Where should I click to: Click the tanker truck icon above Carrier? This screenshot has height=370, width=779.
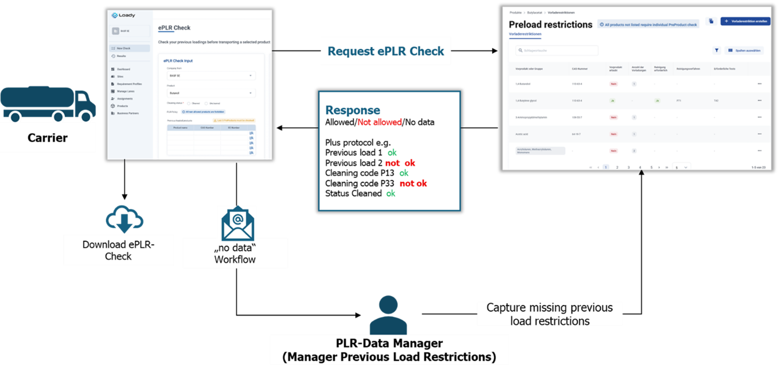click(x=48, y=103)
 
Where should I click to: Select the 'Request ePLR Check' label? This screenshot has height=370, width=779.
click(x=386, y=51)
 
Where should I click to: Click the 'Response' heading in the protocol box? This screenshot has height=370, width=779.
click(x=353, y=110)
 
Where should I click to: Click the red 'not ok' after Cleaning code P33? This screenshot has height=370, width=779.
click(x=413, y=183)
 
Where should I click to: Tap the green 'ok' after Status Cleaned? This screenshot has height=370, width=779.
click(x=391, y=194)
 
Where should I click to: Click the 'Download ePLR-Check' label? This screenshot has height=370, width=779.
click(x=119, y=250)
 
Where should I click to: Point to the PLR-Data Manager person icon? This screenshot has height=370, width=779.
click(x=388, y=315)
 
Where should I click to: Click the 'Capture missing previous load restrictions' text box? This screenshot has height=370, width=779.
click(x=550, y=314)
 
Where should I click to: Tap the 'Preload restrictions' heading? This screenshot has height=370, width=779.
click(x=550, y=25)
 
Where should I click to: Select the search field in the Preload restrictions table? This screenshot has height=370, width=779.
click(x=557, y=50)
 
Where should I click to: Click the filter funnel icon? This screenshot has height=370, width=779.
click(x=716, y=50)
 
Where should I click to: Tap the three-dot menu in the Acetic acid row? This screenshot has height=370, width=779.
click(x=759, y=134)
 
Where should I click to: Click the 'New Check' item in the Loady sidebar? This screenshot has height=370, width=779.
click(x=123, y=48)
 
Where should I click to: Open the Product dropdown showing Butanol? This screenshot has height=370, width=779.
click(x=210, y=93)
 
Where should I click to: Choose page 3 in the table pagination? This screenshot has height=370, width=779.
click(x=628, y=167)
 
